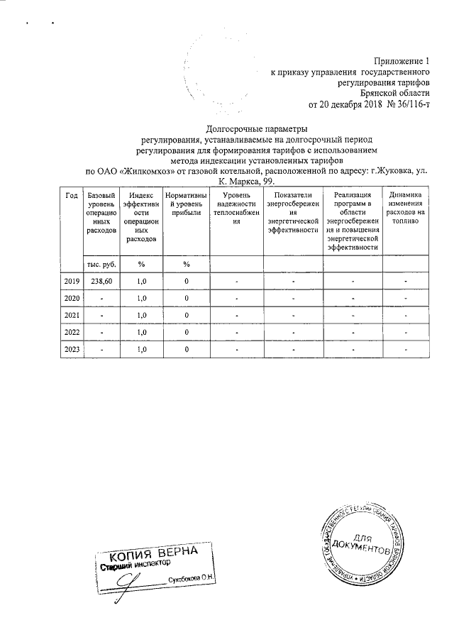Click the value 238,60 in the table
tap(101, 282)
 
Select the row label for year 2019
tap(72, 282)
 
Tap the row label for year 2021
tap(72, 315)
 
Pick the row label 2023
tap(72, 349)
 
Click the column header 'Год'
tap(72, 196)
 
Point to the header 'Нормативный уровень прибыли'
tap(185, 204)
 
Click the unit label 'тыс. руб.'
tap(101, 264)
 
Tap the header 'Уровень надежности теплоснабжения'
tap(237, 208)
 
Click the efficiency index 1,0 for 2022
tap(141, 332)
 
